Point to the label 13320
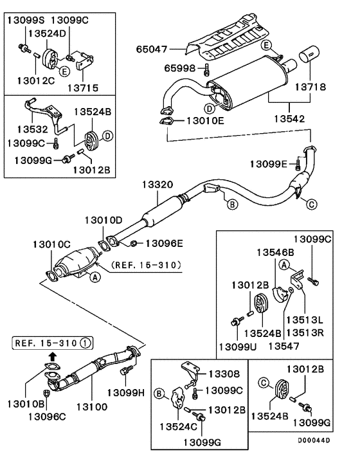(157, 185)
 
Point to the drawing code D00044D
(314, 440)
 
